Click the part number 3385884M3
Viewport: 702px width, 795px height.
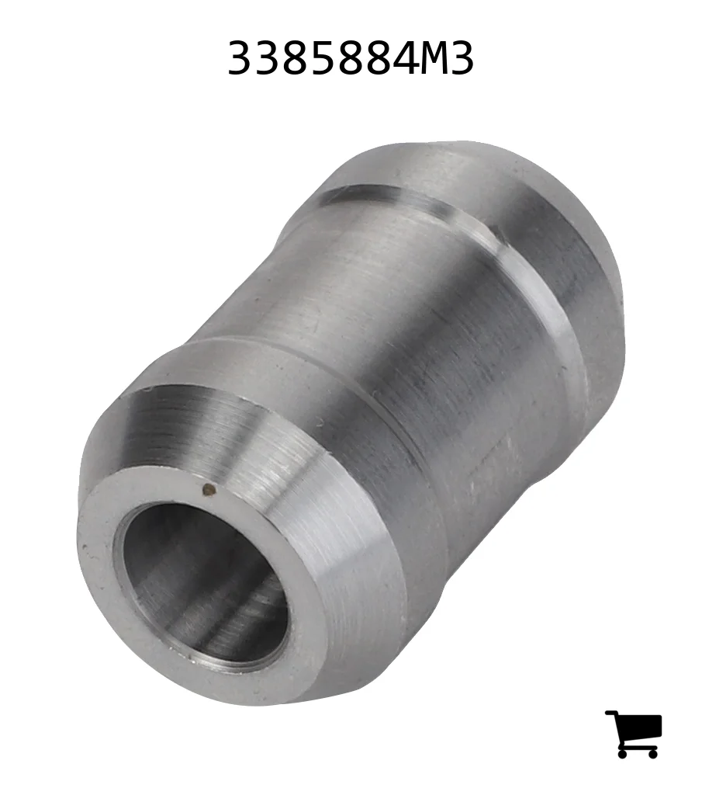[351, 58]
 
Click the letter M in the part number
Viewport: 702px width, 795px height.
[430, 58]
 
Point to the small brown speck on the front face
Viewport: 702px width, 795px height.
[208, 489]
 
